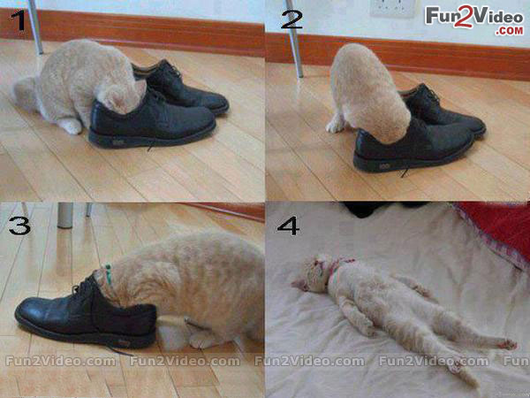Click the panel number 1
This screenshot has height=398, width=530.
tap(19, 20)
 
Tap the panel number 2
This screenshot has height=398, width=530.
tap(291, 19)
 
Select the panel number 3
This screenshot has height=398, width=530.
tap(19, 226)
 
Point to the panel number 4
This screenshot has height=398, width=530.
tap(288, 226)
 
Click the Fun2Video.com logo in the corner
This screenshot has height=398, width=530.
tap(474, 20)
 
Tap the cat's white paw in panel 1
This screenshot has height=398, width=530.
tap(71, 126)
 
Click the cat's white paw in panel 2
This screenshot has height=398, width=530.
tap(336, 126)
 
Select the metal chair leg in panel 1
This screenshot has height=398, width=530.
tap(35, 27)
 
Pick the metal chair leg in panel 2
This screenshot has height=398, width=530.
tap(295, 39)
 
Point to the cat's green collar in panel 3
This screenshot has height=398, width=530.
tap(108, 274)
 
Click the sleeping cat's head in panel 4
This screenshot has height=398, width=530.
tap(310, 273)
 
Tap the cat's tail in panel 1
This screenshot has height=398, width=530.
tap(26, 92)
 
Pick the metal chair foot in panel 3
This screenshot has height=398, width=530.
tap(64, 215)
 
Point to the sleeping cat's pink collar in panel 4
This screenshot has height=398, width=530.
tap(336, 270)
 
